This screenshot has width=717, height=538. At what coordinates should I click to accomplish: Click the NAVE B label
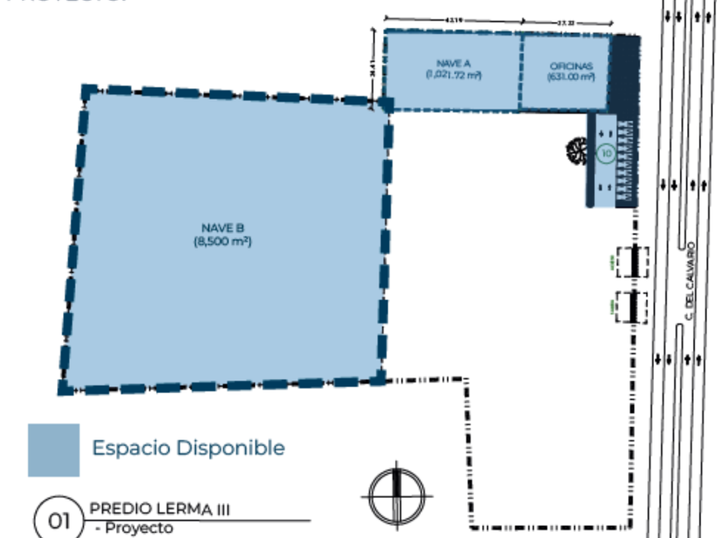pyautogui.click(x=223, y=227)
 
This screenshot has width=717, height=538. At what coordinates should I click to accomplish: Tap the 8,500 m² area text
pyautogui.click(x=223, y=242)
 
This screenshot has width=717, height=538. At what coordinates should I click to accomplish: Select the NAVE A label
pyautogui.click(x=452, y=63)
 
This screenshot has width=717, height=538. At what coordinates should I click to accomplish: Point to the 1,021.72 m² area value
pyautogui.click(x=453, y=75)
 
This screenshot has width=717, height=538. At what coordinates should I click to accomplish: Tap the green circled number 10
pyautogui.click(x=606, y=154)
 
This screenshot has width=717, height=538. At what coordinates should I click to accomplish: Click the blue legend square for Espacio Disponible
pyautogui.click(x=53, y=450)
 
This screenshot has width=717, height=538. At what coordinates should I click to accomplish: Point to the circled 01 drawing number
pyautogui.click(x=58, y=518)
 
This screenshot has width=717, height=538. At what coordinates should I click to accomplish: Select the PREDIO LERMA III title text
pyautogui.click(x=160, y=510)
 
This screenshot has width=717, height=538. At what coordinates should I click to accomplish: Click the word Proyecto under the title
pyautogui.click(x=137, y=529)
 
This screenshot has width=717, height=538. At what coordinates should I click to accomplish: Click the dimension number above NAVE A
pyautogui.click(x=453, y=20)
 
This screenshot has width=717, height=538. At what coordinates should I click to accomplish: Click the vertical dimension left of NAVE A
pyautogui.click(x=373, y=66)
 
